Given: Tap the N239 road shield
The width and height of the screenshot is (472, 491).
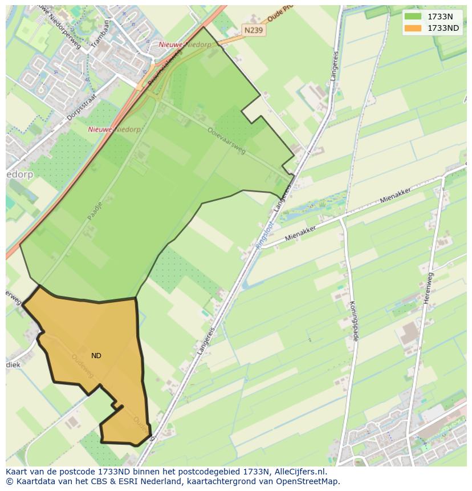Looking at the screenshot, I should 253,30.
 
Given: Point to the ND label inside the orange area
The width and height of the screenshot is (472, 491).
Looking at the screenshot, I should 96,356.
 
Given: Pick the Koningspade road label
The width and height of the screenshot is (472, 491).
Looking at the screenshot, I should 353,321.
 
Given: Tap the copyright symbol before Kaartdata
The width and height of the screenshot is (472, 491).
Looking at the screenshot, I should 10,481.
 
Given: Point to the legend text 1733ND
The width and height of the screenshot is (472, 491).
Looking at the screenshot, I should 443,28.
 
